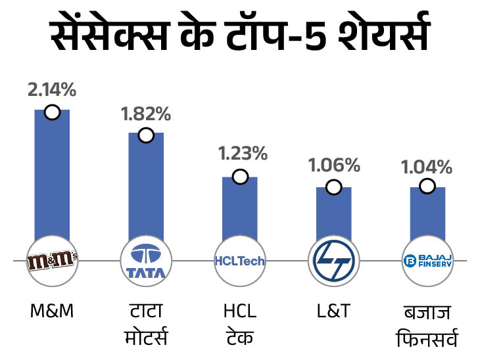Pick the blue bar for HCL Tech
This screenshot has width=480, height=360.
pos(239,207)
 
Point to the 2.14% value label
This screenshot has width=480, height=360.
pos(52,90)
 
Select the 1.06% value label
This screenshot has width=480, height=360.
pos(335,165)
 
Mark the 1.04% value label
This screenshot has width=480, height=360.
pos(428,166)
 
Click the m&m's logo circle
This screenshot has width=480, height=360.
pos(52,261)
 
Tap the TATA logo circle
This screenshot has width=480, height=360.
pos(146,261)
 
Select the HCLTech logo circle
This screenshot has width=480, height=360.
pos(240,261)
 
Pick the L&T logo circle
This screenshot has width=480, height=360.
pos(334,261)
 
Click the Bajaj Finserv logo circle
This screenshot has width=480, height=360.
pos(427,261)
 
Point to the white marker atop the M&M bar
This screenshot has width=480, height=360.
pos(52,112)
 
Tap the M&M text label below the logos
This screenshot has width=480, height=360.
pos(51,310)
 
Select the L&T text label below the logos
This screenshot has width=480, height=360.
pos(333,310)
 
